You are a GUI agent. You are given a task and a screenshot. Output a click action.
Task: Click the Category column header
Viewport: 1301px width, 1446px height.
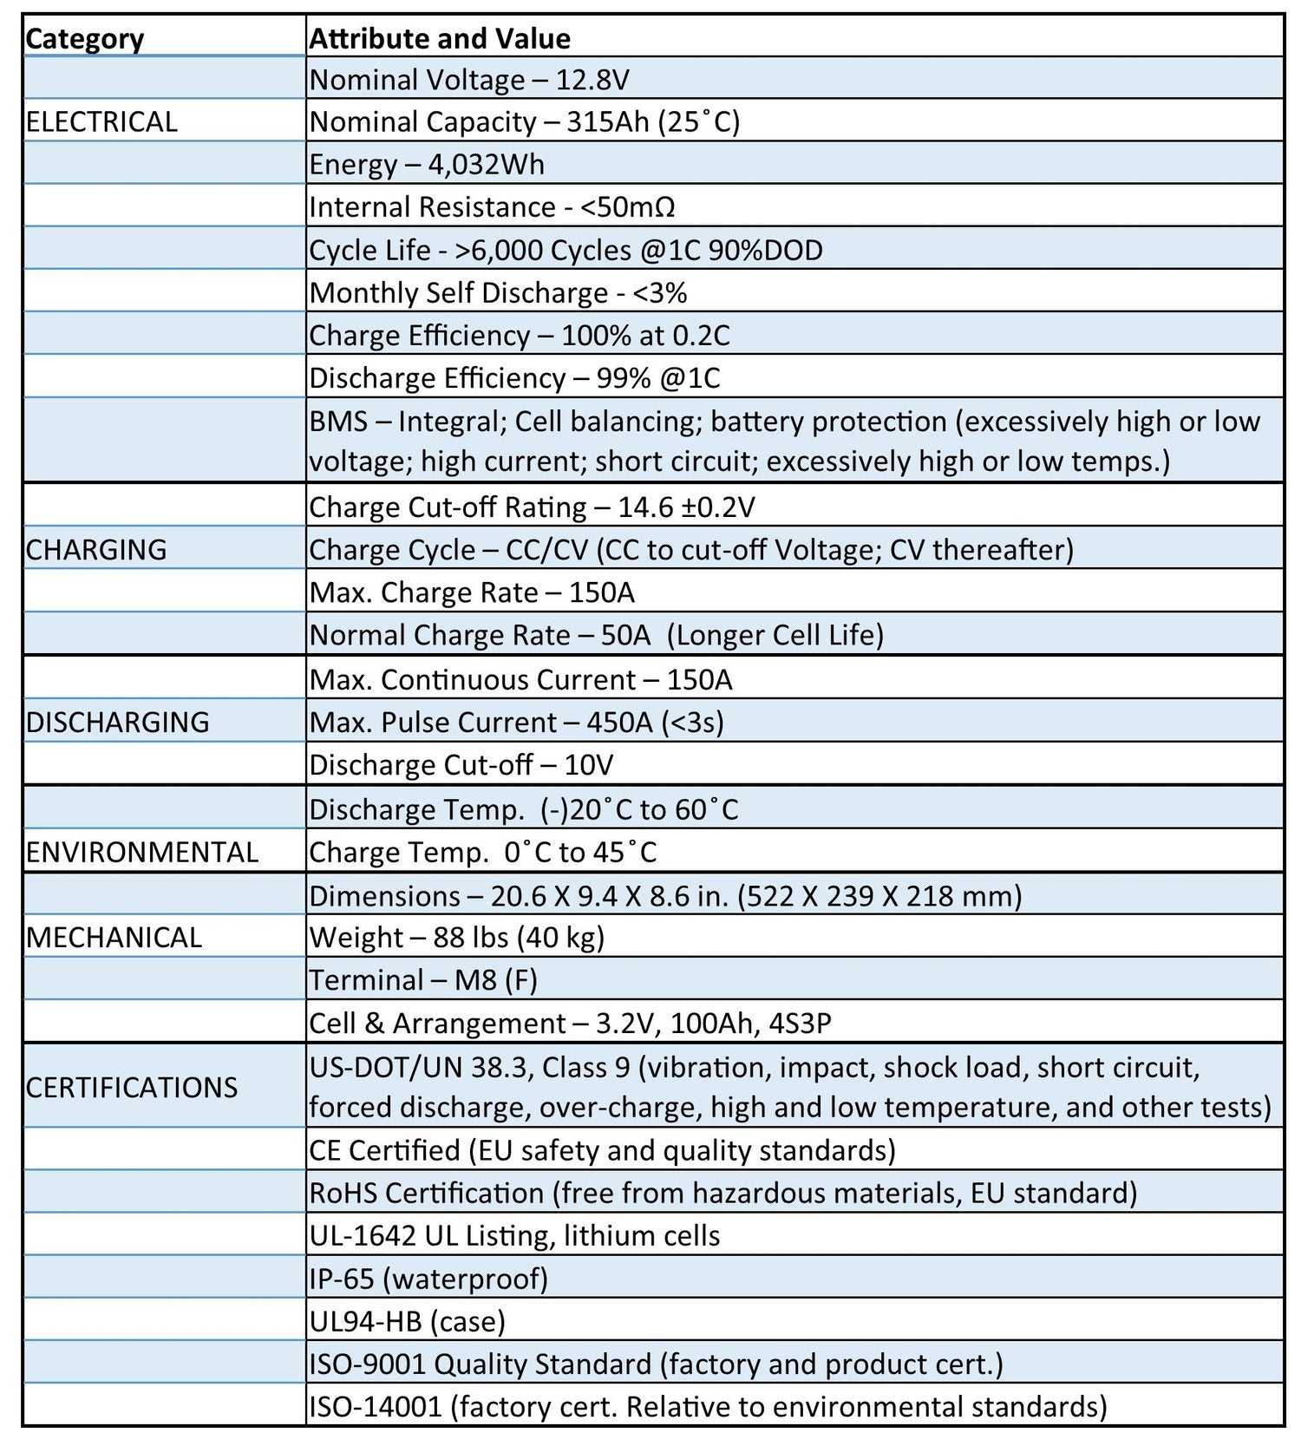[x=85, y=39]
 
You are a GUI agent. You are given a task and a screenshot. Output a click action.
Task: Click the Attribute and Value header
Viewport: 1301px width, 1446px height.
[x=440, y=39]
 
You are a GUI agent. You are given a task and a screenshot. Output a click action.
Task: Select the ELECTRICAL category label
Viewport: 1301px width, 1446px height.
[x=101, y=121]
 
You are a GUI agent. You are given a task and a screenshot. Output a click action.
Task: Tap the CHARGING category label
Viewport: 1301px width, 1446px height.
[x=96, y=550]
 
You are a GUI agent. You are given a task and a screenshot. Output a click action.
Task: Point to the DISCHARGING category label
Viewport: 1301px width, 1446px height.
[x=118, y=723]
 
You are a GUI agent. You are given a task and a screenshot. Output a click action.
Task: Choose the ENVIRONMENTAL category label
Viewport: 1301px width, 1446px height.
[x=142, y=852]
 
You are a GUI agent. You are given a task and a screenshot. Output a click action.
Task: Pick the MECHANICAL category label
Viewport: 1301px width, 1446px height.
[x=114, y=938]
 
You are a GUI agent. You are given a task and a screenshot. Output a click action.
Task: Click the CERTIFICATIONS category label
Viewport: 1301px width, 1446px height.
[x=132, y=1087]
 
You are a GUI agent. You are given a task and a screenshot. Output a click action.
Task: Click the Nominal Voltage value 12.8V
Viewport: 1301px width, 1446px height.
[x=592, y=80]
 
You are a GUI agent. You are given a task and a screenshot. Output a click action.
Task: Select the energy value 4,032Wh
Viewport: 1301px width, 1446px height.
[x=487, y=165]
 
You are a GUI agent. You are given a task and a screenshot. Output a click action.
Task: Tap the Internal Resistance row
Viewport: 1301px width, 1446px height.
[x=492, y=207]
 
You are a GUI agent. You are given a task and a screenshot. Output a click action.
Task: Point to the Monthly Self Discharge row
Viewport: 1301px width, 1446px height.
[x=498, y=293]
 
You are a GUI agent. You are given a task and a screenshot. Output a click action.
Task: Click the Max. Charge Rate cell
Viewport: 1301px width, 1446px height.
[x=472, y=592]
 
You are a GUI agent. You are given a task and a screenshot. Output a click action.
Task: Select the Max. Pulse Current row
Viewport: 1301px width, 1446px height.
[x=516, y=723]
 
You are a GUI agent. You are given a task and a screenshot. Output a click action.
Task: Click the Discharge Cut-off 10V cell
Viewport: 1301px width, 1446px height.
[x=461, y=765]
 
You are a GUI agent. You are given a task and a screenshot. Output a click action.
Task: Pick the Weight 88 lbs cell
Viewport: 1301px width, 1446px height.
[x=456, y=938]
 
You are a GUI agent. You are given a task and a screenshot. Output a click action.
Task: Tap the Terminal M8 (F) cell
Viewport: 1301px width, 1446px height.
[x=423, y=980]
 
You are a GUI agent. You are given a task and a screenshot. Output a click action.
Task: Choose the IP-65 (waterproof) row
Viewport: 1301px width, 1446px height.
[x=428, y=1279]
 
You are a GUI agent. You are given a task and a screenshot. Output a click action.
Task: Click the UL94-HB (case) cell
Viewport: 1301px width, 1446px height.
[x=407, y=1321]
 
